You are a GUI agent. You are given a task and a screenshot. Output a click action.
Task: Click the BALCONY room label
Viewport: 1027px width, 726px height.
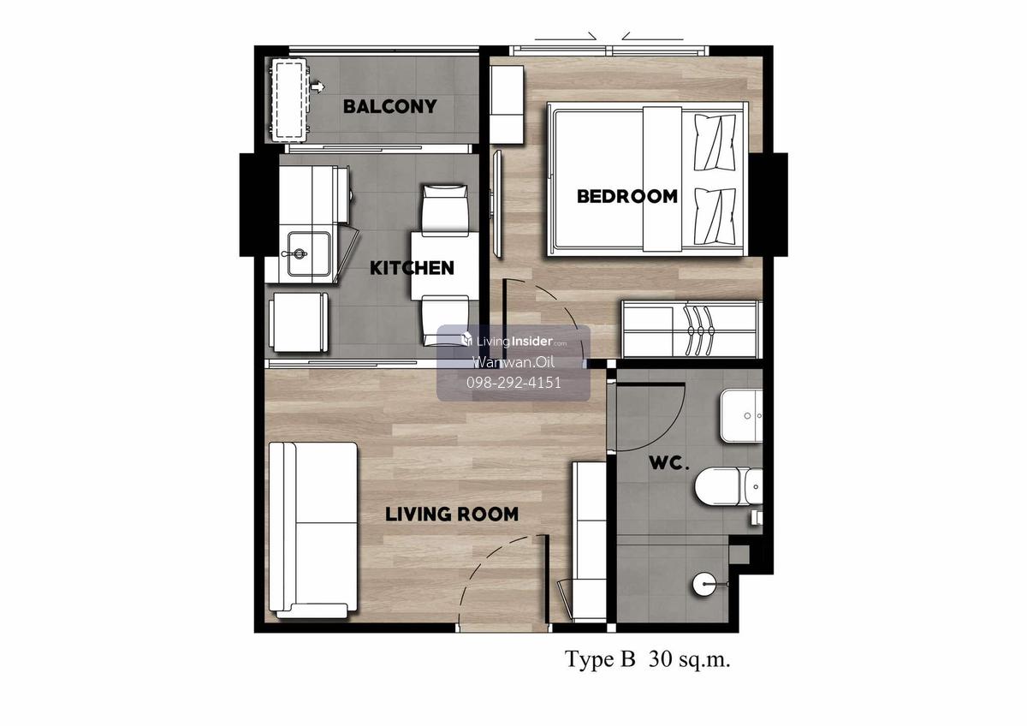point(389,106)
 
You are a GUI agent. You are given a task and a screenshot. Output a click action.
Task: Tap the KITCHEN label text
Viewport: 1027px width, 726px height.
point(412,268)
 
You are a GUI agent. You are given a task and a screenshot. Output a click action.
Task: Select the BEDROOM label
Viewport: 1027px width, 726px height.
point(626,196)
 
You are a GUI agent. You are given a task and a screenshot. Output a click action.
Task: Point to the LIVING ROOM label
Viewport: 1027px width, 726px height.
point(452,515)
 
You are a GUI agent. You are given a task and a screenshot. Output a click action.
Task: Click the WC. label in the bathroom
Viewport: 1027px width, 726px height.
point(669,463)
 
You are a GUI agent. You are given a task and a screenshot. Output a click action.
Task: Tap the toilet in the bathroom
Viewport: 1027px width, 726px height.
point(729,486)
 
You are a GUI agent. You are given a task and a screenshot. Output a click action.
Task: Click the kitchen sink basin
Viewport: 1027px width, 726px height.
point(309,253)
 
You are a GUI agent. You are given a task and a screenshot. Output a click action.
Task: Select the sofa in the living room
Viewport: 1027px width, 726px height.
point(313,529)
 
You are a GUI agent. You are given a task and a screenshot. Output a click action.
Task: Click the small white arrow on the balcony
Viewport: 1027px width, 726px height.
point(318,86)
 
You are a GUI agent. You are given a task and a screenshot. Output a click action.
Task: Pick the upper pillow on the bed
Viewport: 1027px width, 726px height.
point(715,142)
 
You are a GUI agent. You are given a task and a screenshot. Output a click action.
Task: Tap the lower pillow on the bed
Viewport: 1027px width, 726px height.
point(715,216)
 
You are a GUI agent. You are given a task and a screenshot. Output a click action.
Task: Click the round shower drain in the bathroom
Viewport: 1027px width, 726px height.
point(703,585)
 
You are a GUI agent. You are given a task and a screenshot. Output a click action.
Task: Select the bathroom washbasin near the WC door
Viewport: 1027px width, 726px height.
point(741,416)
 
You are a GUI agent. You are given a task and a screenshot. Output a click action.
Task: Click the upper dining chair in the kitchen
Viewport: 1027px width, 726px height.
point(444,210)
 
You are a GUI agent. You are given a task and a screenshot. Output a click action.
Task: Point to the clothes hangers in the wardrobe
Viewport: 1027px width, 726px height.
point(698,330)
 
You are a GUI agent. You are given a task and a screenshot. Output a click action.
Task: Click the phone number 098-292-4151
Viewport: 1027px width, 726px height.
point(513,383)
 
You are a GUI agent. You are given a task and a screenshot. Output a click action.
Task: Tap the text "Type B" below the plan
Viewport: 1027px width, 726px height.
point(600,659)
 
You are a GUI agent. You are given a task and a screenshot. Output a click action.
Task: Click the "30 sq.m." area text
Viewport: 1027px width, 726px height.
point(689,659)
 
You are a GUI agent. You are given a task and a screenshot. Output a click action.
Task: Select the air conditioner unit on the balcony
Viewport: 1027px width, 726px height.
point(289,100)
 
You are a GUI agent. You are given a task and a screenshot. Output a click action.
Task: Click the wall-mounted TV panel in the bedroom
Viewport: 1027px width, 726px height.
point(496,204)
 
